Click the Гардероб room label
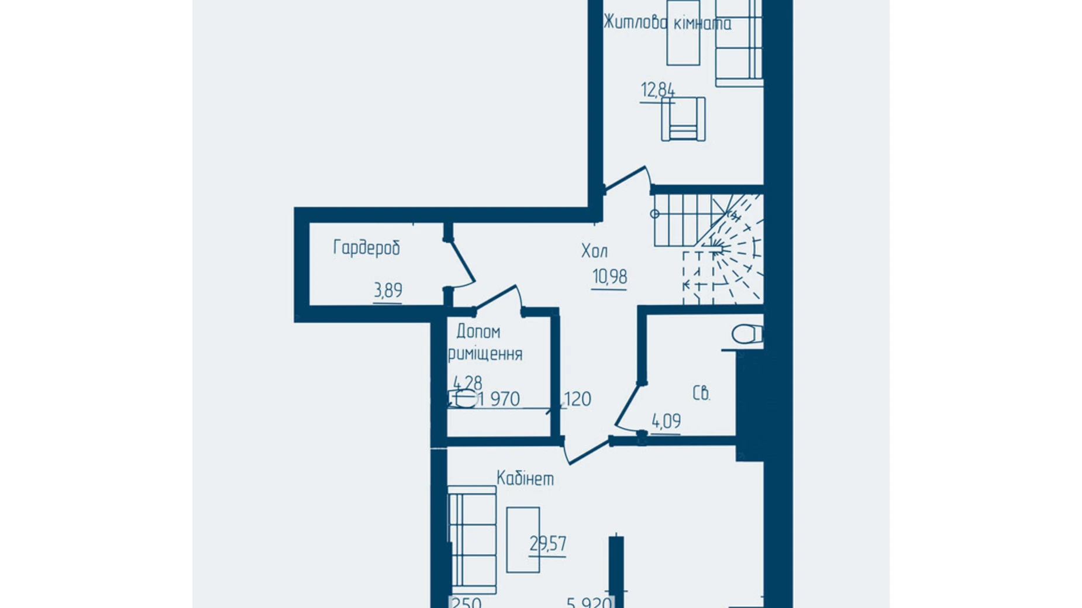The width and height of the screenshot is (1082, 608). coord(367,248)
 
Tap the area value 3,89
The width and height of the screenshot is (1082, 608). coord(388,290)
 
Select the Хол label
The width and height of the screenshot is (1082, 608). coord(594,251)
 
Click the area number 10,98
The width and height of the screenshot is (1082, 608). coord(609,276)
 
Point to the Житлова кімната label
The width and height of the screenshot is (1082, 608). coord(667,23)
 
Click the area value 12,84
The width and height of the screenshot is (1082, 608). coord(658,90)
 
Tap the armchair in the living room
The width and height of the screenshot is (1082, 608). coord(683,119)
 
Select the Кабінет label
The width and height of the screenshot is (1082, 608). coord(525,478)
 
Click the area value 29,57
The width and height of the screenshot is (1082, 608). coord(548,544)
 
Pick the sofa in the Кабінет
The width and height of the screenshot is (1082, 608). coord(472,539)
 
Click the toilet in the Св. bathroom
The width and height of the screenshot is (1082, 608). coord(747,334)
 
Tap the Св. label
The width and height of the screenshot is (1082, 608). coord(701,393)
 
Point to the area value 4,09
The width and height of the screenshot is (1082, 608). coord(666,420)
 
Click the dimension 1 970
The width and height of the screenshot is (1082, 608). coord(499,399)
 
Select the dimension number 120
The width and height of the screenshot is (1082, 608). coord(577,399)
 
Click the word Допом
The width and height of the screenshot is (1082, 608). coord(478,331)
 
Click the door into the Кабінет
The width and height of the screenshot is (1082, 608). coord(588,452)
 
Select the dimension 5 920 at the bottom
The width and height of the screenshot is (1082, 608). coord(589,602)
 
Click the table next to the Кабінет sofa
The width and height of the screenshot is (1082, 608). coord(523,540)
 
